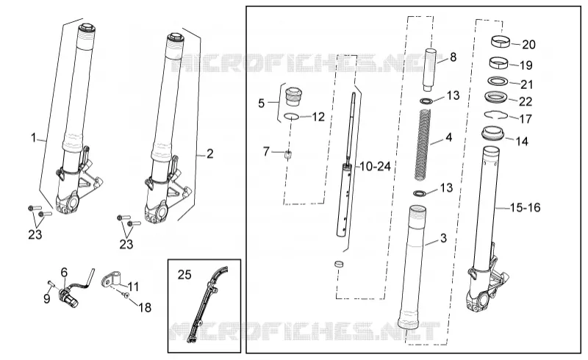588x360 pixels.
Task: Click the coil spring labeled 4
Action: coord(423,145)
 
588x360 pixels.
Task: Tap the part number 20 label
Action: coord(528,45)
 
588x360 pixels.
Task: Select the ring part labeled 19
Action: coord(500,62)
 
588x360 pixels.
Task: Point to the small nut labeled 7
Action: coord(288,154)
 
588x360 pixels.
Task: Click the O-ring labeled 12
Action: coord(291,116)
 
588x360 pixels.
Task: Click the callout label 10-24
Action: coord(375,166)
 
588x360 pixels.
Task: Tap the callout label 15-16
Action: coord(525,207)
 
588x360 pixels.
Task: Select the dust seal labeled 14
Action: coord(492,134)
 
